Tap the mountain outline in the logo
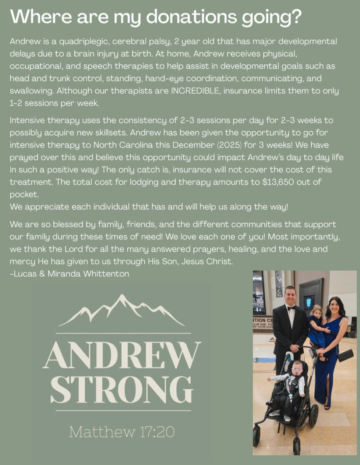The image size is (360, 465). click(121, 311)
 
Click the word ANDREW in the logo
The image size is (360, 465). click(122, 355)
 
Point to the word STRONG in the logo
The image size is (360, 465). click(122, 389)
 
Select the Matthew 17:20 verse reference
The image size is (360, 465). click(121, 432)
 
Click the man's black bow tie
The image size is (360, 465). click(291, 308)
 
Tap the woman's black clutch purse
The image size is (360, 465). click(345, 355)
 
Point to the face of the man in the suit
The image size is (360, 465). click(290, 295)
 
